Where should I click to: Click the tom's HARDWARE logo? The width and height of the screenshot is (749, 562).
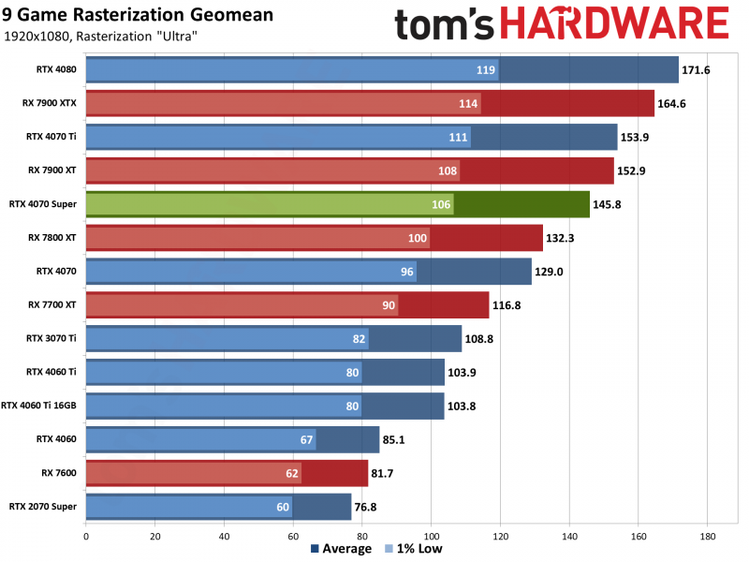pyautogui.click(x=562, y=25)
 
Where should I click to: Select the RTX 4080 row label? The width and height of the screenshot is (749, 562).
pyautogui.click(x=57, y=69)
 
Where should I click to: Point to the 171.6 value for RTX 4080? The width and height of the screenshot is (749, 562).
pyautogui.click(x=696, y=70)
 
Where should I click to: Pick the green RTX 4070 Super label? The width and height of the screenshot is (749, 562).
pyautogui.click(x=44, y=203)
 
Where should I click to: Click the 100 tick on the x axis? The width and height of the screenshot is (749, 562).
pyautogui.click(x=431, y=537)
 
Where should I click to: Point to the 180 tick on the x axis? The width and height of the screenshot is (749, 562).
pyautogui.click(x=707, y=537)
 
